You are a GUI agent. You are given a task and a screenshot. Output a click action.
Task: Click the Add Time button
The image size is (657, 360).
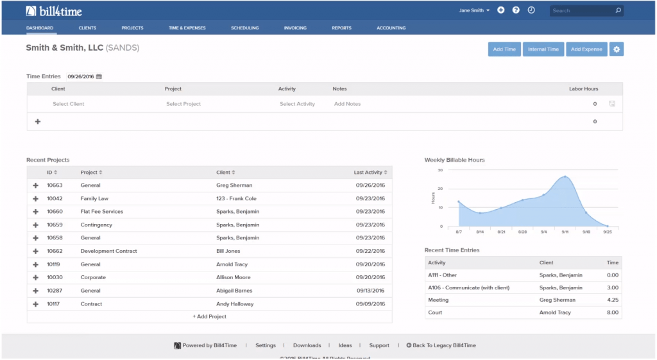click(x=504, y=49)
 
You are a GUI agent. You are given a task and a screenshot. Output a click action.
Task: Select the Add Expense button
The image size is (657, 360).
click(x=586, y=49)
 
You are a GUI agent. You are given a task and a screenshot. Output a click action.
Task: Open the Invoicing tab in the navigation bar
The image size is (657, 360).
click(x=295, y=28)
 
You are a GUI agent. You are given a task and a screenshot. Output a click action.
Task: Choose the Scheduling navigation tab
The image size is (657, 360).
click(x=245, y=28)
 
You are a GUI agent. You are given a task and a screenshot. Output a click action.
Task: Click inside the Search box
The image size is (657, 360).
click(x=581, y=11)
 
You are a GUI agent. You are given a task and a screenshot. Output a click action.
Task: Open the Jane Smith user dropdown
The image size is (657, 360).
click(x=474, y=11)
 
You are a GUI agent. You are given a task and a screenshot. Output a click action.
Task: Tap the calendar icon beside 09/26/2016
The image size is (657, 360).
click(x=99, y=76)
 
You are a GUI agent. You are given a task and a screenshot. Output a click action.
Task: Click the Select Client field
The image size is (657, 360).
click(x=69, y=104)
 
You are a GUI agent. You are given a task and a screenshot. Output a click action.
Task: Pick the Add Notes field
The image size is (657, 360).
click(x=348, y=104)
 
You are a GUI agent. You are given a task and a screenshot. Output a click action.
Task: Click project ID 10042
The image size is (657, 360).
click(x=55, y=199)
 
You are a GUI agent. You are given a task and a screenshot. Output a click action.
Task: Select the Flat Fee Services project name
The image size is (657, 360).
click(x=102, y=212)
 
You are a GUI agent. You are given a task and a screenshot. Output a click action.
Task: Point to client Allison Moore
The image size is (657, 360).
click(x=233, y=278)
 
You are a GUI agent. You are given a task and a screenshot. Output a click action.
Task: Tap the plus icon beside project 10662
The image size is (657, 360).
click(x=36, y=252)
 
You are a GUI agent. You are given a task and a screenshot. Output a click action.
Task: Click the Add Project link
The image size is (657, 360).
click(x=210, y=316)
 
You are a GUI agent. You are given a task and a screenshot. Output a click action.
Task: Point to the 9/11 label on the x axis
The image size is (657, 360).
click(x=565, y=232)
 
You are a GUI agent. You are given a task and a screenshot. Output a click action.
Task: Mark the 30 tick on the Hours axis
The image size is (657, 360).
click(x=440, y=171)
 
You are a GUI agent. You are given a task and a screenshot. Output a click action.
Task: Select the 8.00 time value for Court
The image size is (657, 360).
click(x=613, y=313)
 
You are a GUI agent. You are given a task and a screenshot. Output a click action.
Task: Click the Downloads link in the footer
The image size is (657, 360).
click(x=307, y=346)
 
